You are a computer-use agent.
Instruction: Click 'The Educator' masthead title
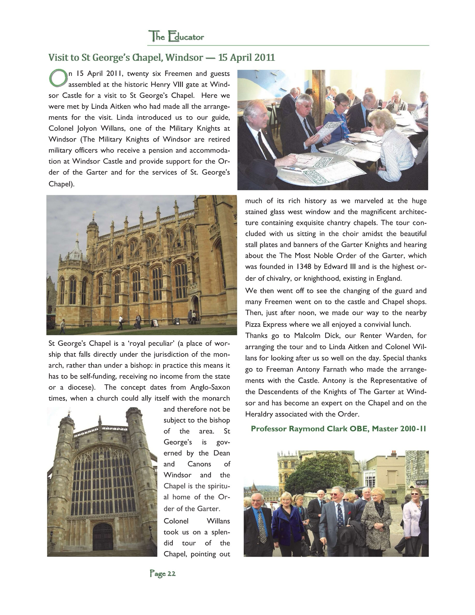coord(176,36)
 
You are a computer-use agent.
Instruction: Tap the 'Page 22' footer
coord(163,573)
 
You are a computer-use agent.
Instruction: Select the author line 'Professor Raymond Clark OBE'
coord(310,429)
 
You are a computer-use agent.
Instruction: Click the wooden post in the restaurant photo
coord(318,96)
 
